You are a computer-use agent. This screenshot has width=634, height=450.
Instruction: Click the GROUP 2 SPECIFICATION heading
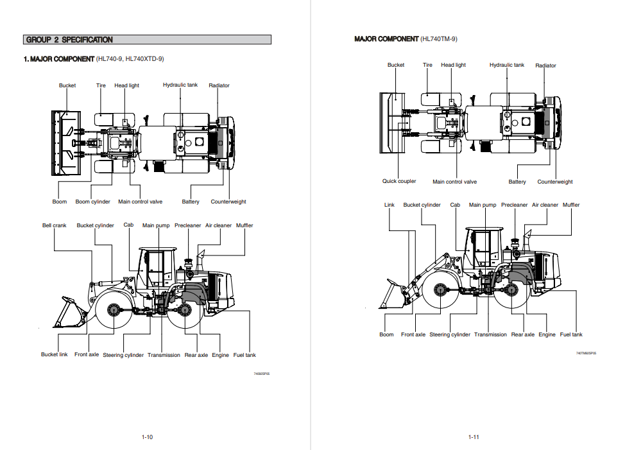coord(69,40)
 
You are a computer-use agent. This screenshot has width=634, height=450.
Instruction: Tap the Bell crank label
coord(55,225)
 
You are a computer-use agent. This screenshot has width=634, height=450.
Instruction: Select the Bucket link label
coord(55,354)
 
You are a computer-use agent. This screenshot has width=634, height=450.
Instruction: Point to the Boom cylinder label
coord(92,202)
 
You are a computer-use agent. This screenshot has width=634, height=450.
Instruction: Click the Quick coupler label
coord(399,181)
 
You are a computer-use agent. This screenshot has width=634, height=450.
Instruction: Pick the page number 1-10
coord(147,437)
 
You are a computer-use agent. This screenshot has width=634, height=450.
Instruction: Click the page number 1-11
coord(474,437)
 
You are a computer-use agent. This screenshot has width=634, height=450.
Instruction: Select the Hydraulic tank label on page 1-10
coord(180,85)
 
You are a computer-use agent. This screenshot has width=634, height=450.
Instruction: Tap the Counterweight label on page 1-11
coord(555,182)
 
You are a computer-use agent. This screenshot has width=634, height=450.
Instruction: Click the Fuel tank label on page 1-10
coord(244,355)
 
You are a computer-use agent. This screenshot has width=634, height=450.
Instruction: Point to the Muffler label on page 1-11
coord(571,205)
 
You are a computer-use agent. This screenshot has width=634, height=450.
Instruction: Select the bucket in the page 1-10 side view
coord(73,313)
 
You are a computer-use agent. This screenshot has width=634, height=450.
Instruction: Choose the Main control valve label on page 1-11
coord(455,182)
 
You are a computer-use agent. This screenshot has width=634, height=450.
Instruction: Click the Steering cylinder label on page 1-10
coord(123,355)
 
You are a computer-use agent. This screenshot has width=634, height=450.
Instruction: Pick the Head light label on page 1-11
coord(453,65)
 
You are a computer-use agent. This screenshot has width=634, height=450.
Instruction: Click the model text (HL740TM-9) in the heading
coord(439,39)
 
